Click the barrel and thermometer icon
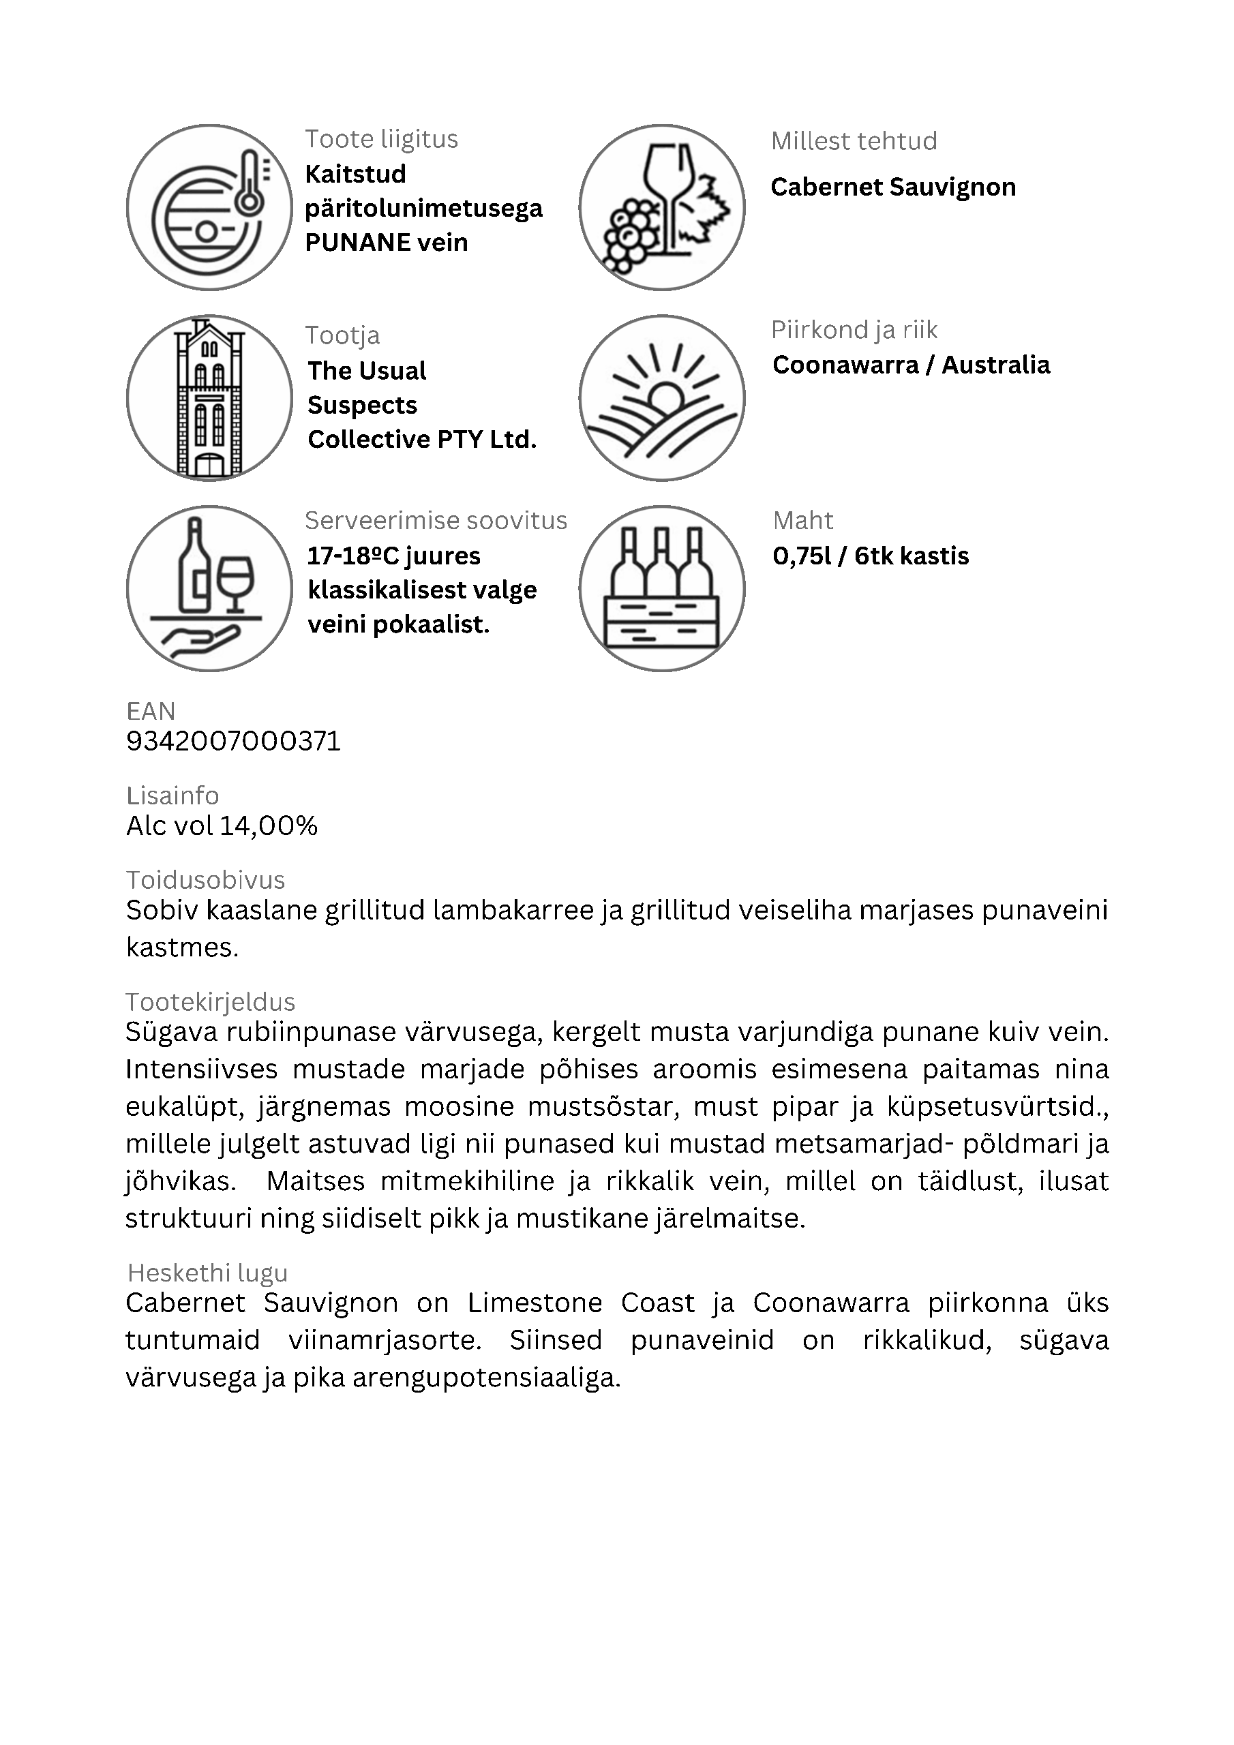(209, 207)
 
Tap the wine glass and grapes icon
(661, 207)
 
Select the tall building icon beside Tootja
(209, 398)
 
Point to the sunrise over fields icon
(661, 398)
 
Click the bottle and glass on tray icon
(209, 589)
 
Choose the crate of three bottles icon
(661, 589)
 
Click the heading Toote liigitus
(382, 140)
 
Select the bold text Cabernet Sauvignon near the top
(892, 187)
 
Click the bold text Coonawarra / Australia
(911, 365)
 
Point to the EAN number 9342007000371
(233, 741)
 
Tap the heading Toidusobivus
(205, 880)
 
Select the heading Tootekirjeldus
(211, 1003)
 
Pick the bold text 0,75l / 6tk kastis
(871, 556)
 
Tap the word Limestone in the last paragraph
(535, 1303)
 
